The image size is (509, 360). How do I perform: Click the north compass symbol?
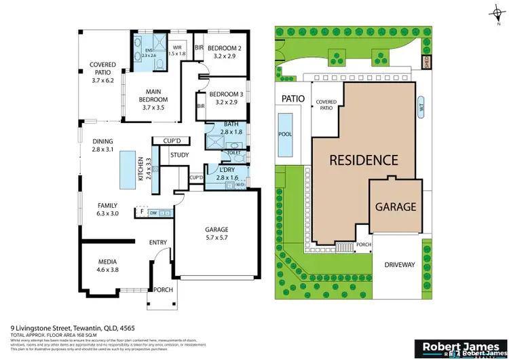click(497, 11)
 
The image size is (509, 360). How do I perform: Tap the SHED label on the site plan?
click(426, 62)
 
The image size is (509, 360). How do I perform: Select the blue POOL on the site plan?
click(285, 134)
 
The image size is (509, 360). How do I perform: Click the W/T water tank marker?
click(422, 105)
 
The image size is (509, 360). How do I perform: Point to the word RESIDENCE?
click(363, 160)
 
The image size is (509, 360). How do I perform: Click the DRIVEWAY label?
click(398, 264)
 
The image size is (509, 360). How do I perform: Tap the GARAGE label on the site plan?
click(396, 206)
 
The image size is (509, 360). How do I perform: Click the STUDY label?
click(179, 155)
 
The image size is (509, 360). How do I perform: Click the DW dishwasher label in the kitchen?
click(153, 212)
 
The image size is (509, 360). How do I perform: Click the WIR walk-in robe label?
click(176, 49)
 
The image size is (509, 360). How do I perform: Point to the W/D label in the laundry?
click(240, 183)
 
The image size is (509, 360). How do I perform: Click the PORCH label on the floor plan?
click(163, 290)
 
